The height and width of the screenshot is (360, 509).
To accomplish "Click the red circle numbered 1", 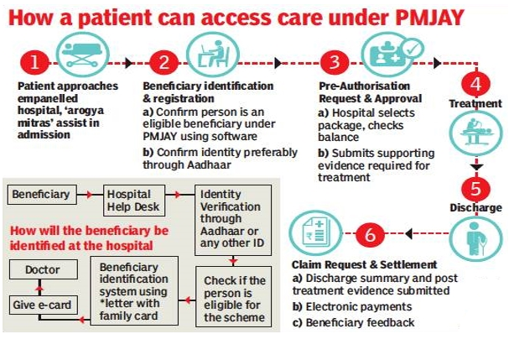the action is [34, 63].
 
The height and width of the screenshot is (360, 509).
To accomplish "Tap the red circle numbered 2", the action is [164, 63].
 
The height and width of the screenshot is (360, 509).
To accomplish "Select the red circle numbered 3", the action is [335, 63].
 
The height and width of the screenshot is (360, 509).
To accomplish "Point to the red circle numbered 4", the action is [476, 84].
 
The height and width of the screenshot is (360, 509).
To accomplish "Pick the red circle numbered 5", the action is [476, 189].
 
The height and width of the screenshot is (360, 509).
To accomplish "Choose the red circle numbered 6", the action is [370, 235].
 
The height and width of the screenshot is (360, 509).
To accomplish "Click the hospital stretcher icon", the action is [82, 55].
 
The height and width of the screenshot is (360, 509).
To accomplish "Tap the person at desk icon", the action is [213, 55].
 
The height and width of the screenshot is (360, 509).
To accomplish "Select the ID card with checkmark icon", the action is [391, 55].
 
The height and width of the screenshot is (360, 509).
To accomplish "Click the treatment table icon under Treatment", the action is [476, 133].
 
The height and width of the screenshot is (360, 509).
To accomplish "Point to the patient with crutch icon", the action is [476, 239].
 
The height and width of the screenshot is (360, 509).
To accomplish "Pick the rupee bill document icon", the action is [315, 232].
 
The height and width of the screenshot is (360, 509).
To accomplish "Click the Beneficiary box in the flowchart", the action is [42, 195].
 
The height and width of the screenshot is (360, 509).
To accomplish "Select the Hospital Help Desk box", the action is [134, 201].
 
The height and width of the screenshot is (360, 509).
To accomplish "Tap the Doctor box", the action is [43, 269].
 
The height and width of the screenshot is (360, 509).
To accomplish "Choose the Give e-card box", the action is [43, 305].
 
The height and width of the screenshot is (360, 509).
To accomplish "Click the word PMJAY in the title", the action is [430, 18].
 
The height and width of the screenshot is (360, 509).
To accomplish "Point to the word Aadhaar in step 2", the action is [209, 164].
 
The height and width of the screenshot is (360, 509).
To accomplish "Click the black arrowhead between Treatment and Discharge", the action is [476, 167].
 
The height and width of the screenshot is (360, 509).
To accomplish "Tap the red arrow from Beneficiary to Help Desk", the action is [85, 195].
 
